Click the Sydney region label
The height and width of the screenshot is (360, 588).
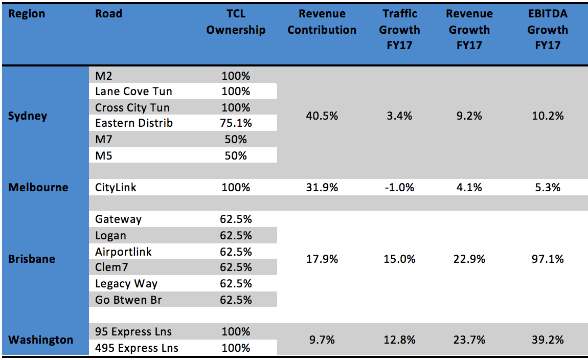tap(28, 116)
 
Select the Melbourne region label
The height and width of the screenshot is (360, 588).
tap(38, 188)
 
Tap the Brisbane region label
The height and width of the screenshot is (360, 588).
tap(32, 259)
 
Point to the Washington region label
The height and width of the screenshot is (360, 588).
tap(40, 340)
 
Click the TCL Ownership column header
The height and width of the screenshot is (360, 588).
tap(236, 22)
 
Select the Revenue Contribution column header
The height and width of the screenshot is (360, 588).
tap(322, 22)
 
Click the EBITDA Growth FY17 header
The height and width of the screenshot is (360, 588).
tap(548, 30)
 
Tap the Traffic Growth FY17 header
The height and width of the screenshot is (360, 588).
tap(399, 30)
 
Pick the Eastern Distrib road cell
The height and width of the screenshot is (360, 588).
tap(134, 123)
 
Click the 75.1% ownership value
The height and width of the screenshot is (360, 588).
tap(236, 123)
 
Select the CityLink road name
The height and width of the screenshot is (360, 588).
tap(116, 188)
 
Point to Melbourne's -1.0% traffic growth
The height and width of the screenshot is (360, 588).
tap(399, 188)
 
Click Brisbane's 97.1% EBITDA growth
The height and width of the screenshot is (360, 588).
tap(548, 259)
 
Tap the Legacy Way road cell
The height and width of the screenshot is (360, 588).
tap(126, 284)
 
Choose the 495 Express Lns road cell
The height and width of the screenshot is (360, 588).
tap(137, 348)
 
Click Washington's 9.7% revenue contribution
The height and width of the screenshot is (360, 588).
tap(322, 340)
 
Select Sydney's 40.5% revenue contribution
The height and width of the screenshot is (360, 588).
tap(322, 116)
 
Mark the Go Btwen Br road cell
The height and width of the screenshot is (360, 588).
tap(128, 300)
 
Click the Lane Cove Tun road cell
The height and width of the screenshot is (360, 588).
tap(133, 92)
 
